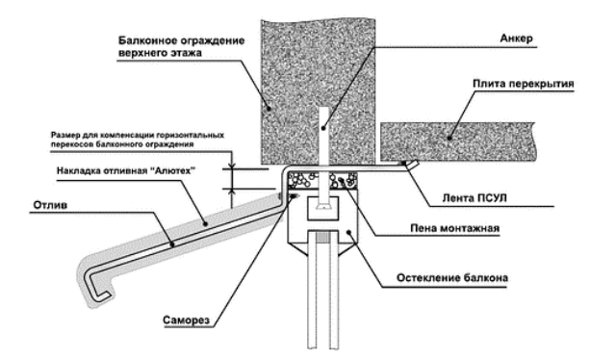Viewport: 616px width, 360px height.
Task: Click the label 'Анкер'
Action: (516, 39)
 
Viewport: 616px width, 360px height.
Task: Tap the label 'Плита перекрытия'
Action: (523, 84)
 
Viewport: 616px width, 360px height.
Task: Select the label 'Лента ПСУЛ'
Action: (475, 197)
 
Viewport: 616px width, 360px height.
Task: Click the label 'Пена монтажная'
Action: (454, 228)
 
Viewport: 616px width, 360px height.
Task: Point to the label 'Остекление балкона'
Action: (451, 278)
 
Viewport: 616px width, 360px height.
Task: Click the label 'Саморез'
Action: (186, 320)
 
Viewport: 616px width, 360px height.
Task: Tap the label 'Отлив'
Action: (50, 205)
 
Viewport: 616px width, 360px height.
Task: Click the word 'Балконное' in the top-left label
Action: (146, 40)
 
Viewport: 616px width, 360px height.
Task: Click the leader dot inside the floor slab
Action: (449, 138)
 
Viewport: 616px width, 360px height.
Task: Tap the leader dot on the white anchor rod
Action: (323, 127)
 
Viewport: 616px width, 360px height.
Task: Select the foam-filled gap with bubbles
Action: (322, 180)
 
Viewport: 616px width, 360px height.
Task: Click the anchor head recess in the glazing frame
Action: (322, 208)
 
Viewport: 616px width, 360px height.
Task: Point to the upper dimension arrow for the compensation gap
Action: (232, 162)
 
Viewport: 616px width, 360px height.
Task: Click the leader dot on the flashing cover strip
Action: (205, 223)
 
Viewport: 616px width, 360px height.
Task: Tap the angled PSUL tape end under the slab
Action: (410, 165)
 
